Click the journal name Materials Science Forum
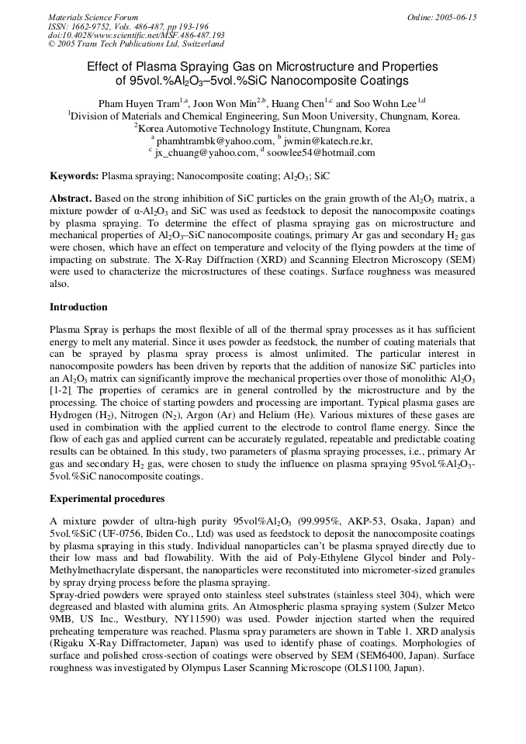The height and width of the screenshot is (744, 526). click(93, 17)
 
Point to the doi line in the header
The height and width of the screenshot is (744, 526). click(137, 35)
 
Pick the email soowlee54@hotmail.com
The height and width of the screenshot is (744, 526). click(320, 153)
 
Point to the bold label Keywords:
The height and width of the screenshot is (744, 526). click(74, 177)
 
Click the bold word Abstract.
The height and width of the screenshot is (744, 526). click(71, 199)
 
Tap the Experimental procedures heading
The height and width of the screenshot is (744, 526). click(106, 497)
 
